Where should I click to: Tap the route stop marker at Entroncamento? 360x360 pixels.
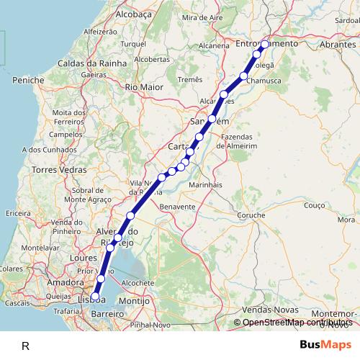pyautogui.click(x=264, y=44)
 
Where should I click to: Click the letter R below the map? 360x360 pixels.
pyautogui.click(x=26, y=346)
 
